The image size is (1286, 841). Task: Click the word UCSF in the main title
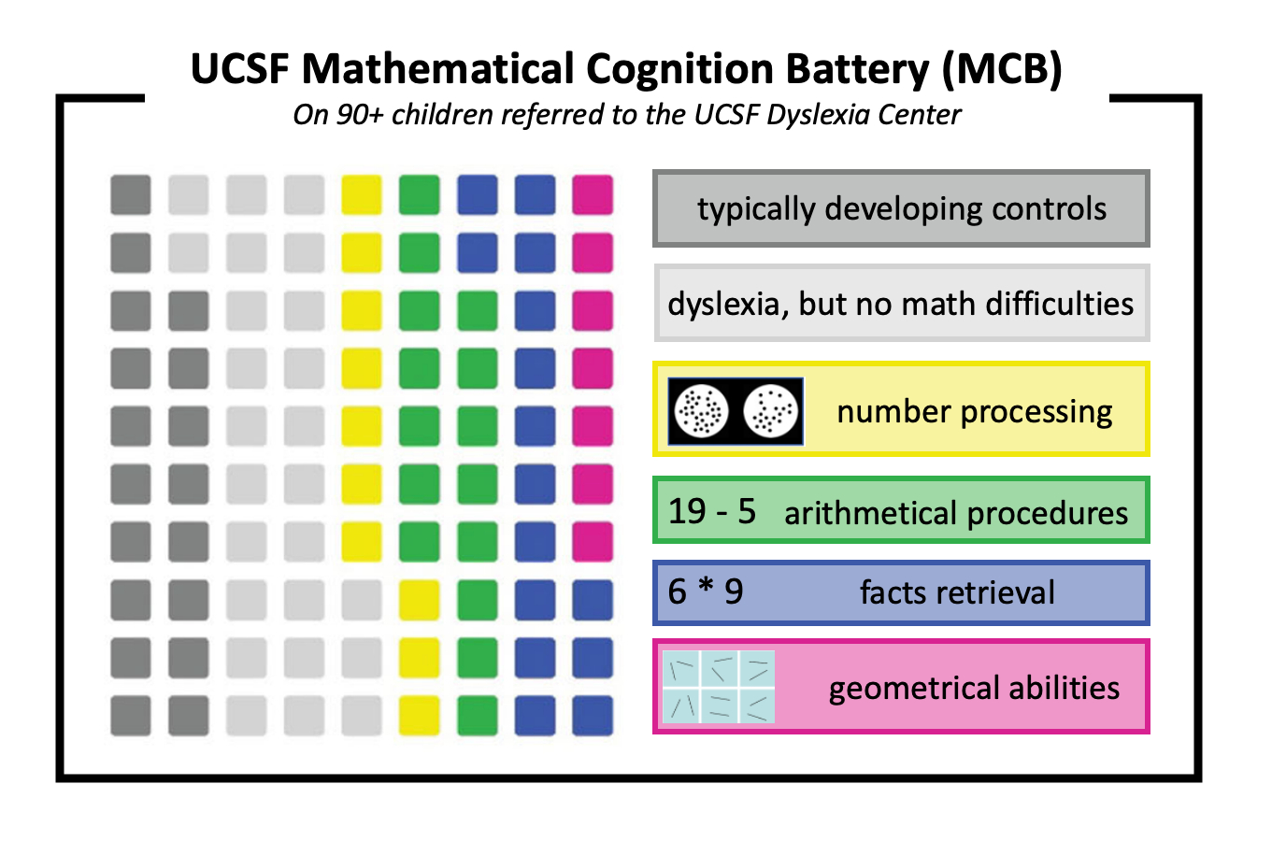(239, 69)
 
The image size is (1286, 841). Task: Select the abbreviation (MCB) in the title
(1002, 69)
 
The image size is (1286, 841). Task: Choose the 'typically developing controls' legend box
(901, 208)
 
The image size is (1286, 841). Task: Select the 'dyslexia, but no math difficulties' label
(901, 304)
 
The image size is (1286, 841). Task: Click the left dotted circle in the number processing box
(701, 410)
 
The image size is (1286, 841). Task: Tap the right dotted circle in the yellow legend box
(771, 410)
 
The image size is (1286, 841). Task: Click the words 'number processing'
(975, 411)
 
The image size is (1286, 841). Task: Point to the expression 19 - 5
(712, 511)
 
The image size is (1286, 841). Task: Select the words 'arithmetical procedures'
(956, 513)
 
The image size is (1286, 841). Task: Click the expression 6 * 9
(706, 592)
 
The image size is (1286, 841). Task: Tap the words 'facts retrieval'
(957, 592)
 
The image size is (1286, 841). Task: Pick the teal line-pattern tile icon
(719, 687)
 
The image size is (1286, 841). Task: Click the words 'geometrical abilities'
(974, 689)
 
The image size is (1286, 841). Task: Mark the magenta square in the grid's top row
(593, 194)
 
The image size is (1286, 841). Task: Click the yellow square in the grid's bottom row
(419, 716)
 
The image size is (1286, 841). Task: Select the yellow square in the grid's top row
(362, 194)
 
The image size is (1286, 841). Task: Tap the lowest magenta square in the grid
(593, 542)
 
